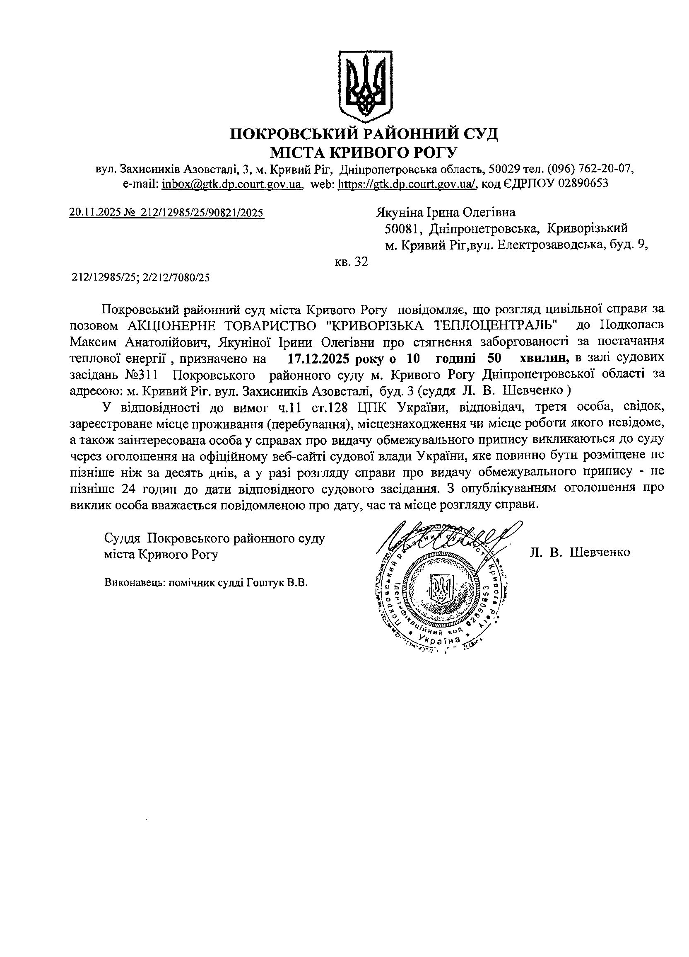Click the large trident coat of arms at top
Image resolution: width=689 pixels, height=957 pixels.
tap(365, 85)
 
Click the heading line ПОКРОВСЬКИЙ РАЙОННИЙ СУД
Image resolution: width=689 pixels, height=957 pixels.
tap(364, 134)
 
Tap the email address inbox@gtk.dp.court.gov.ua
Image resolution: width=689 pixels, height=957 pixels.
tap(232, 184)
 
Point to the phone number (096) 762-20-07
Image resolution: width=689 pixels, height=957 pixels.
tap(591, 169)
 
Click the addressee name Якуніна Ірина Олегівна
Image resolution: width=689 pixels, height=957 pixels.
tap(445, 212)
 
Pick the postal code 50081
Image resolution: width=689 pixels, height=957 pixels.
tap(404, 229)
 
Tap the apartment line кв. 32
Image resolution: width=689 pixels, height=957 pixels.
tap(351, 262)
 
